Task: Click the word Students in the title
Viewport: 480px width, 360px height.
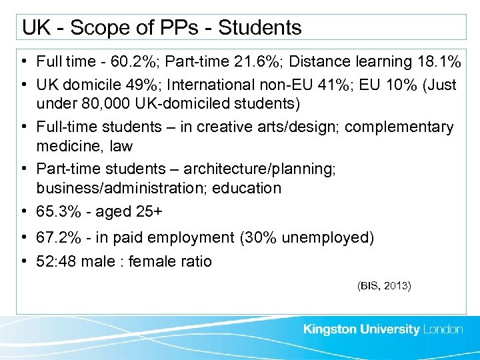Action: [260, 28]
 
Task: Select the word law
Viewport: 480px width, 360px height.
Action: [123, 145]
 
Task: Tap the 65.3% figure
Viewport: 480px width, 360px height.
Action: [59, 212]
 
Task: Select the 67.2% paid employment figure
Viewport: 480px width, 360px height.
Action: [59, 238]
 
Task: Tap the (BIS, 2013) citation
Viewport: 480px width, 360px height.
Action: [385, 285]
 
